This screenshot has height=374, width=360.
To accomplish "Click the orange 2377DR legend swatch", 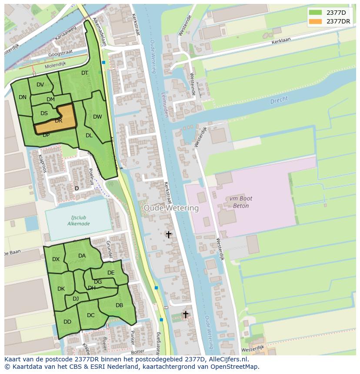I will point(316,21).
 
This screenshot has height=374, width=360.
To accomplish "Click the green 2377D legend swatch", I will point(316,12).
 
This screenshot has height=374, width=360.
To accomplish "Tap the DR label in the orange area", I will point(59,121).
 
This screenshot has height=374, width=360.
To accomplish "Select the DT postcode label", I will point(85,73).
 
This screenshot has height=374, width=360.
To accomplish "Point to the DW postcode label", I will point(97,117).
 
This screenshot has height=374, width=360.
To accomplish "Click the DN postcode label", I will point(23,97).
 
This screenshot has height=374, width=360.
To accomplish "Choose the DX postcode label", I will point(56,259).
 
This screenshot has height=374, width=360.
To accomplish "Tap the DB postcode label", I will point(119,305).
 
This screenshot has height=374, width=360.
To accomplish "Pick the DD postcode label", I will point(67,322).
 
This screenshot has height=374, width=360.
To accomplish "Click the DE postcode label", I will point(111,273).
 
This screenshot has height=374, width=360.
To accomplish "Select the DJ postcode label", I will point(76,298).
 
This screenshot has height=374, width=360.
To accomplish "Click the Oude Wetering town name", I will point(171,208).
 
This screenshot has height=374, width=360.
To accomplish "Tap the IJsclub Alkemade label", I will point(78,220).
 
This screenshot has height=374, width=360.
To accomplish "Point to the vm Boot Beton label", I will point(239,202).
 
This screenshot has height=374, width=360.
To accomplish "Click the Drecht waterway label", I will point(279,100).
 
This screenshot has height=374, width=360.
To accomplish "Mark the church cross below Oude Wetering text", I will point(168,235).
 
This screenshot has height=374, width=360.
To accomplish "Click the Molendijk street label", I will point(56,65).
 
